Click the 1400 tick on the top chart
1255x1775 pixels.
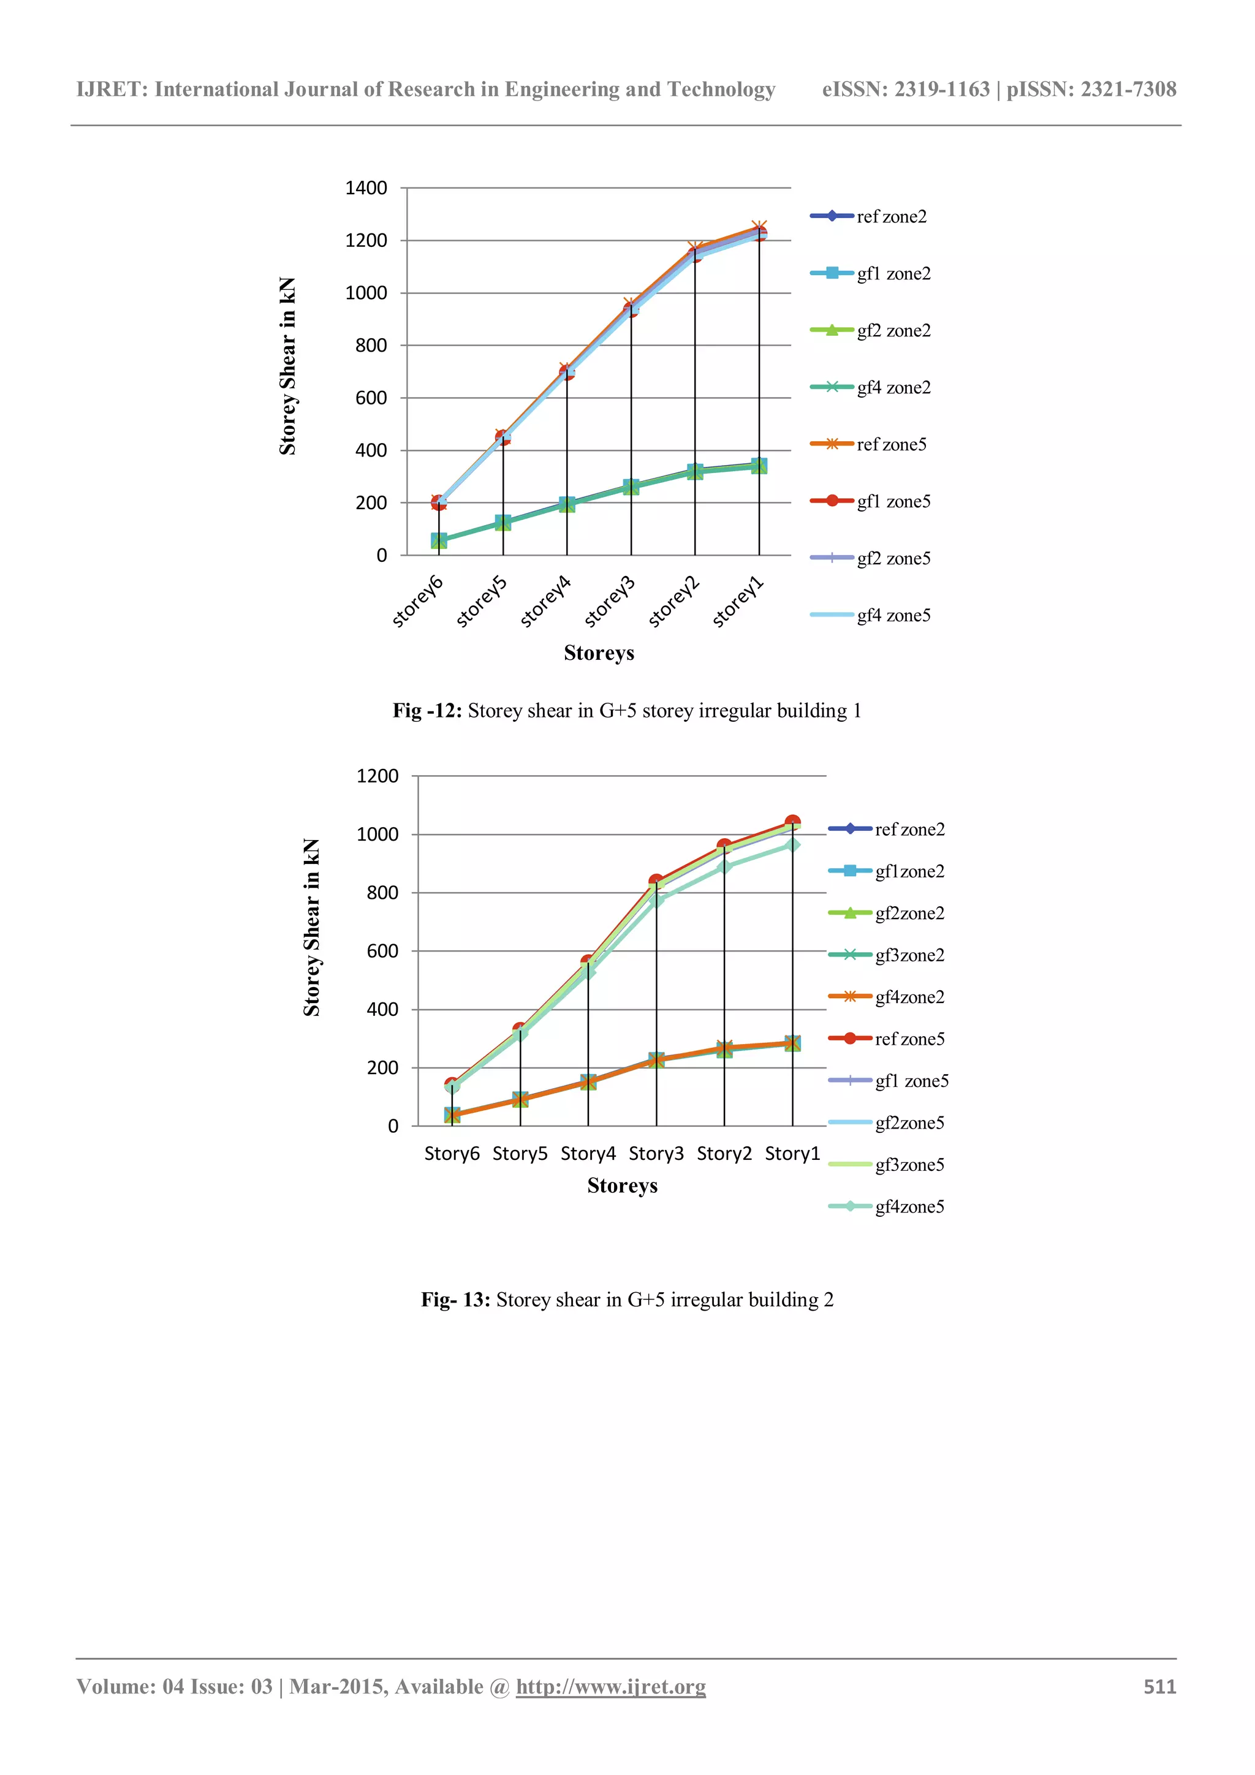tap(366, 188)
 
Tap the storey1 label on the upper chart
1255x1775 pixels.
tap(738, 602)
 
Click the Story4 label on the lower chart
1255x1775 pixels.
tap(588, 1154)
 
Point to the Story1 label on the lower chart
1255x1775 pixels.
tap(792, 1154)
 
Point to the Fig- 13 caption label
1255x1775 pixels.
tap(455, 1300)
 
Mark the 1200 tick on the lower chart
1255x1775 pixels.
tap(377, 776)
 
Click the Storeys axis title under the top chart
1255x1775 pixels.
tap(599, 653)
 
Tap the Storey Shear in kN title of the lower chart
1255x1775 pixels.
tap(312, 927)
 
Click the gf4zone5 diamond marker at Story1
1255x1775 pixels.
tap(792, 845)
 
